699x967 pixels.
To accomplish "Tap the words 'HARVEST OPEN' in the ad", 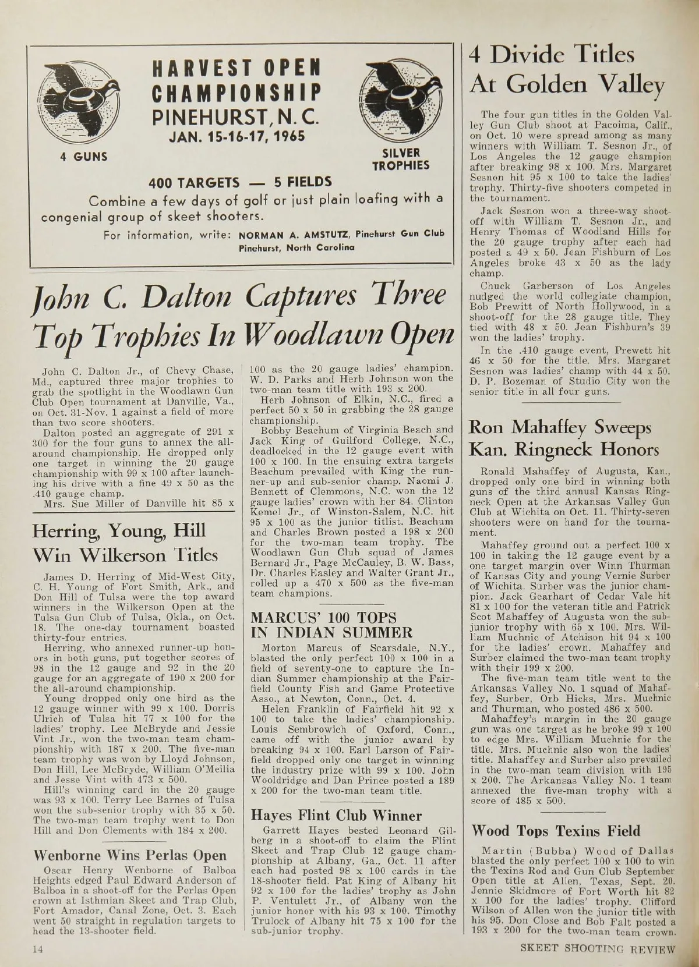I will pyautogui.click(x=236, y=68).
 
